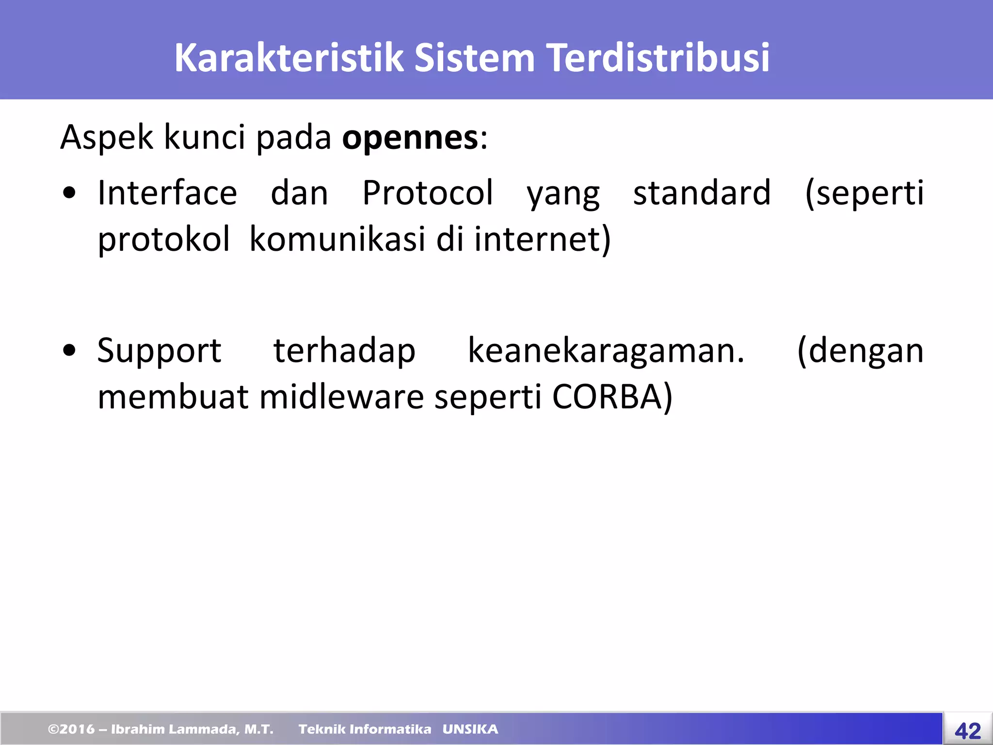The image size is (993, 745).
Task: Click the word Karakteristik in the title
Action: click(x=288, y=58)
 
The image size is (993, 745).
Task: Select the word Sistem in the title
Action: click(x=474, y=58)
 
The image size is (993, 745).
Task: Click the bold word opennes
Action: click(x=410, y=138)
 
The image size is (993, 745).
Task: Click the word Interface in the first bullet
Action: click(x=167, y=193)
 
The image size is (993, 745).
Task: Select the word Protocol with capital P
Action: click(x=428, y=193)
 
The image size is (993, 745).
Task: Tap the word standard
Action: click(x=702, y=193)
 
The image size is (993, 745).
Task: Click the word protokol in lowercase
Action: click(x=164, y=240)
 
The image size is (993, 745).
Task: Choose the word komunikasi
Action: click(x=337, y=240)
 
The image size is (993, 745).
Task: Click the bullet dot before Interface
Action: click(x=69, y=193)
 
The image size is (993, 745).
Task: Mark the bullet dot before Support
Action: click(x=69, y=350)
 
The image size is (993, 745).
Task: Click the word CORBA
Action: click(x=607, y=397)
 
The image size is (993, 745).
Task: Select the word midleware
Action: click(x=342, y=397)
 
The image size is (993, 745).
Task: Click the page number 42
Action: click(x=968, y=730)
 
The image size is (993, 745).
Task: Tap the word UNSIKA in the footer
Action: click(x=470, y=729)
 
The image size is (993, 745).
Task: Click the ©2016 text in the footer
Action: click(x=71, y=729)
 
